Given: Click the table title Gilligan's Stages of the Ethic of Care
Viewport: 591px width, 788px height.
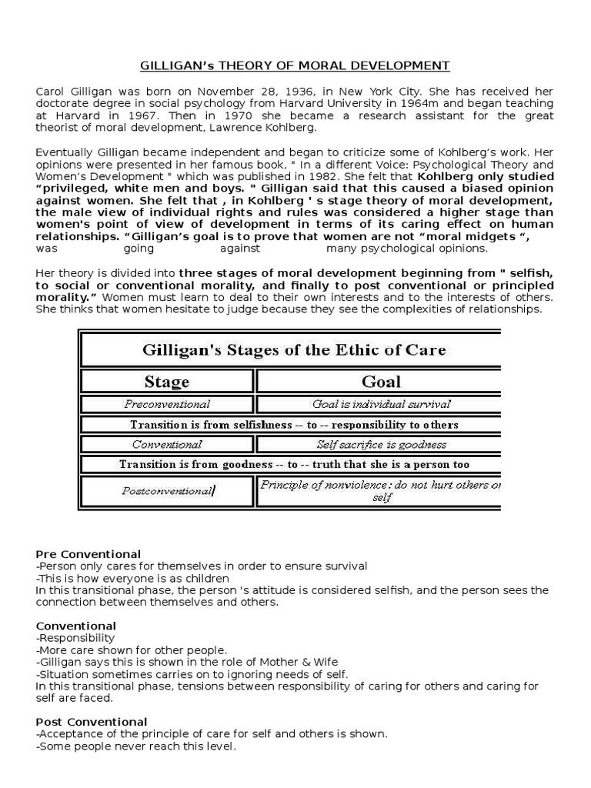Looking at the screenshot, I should (x=294, y=350).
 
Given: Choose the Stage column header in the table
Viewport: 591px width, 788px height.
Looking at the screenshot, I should (x=167, y=382).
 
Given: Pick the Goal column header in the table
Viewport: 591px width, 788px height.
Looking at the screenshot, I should (x=381, y=382).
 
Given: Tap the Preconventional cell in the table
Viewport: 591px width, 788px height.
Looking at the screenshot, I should (x=167, y=404).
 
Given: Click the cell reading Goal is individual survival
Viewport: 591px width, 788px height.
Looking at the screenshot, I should (x=381, y=404).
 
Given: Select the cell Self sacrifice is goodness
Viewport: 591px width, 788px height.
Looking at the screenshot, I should (x=381, y=444).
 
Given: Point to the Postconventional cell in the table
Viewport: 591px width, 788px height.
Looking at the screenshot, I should (x=167, y=491).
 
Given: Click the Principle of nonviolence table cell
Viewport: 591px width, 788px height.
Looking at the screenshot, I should (x=381, y=491).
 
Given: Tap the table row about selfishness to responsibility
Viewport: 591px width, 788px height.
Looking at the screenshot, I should (x=294, y=424).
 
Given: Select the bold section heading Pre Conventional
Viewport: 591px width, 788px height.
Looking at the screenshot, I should (x=88, y=554).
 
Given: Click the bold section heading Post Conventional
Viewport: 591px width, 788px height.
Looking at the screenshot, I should (x=92, y=722).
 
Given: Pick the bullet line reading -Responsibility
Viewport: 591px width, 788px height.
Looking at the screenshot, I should (x=75, y=638).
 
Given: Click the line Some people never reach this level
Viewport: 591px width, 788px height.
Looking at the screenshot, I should (x=136, y=746).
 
